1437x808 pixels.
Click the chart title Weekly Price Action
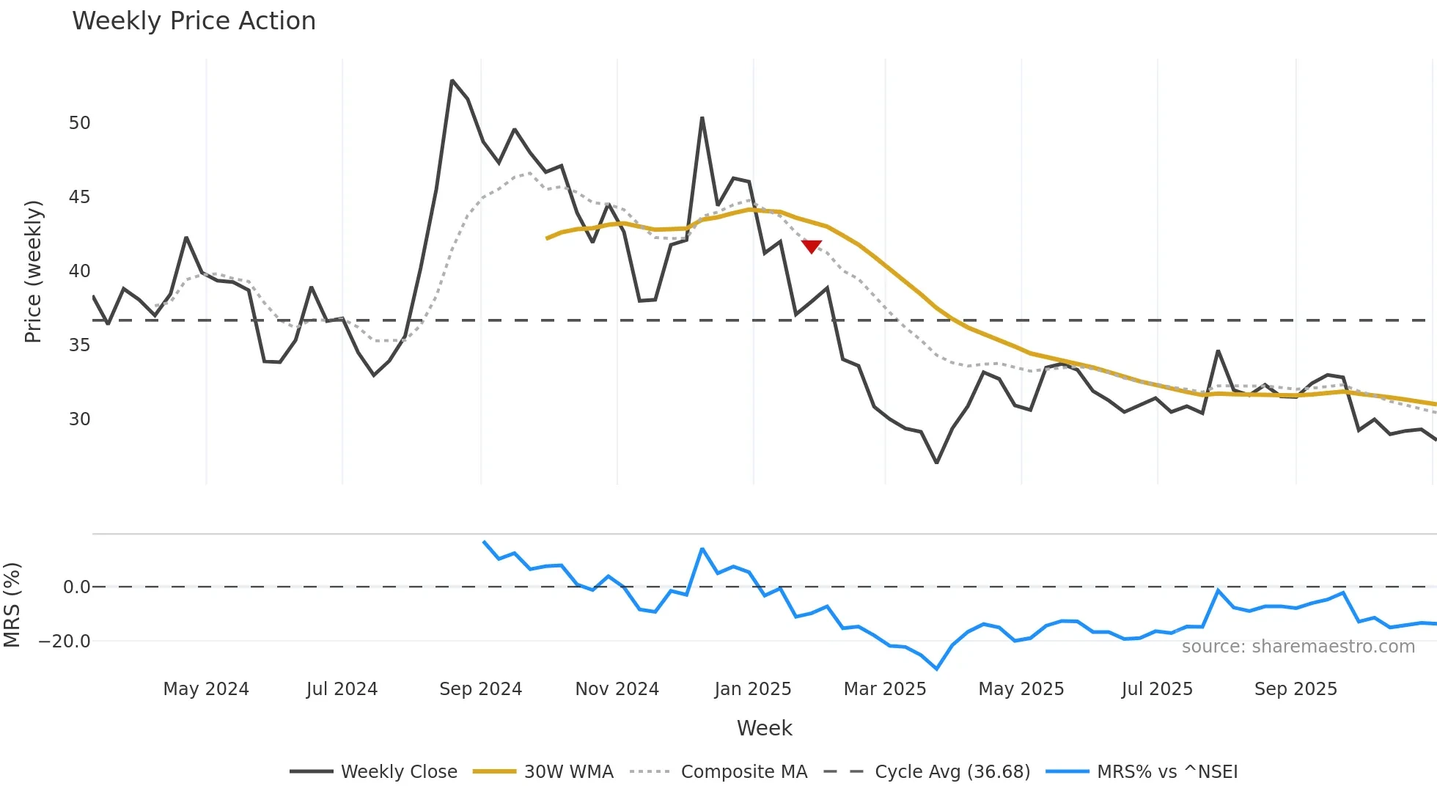pos(194,21)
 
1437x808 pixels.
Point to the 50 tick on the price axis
pos(79,123)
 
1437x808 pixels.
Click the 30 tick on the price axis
pos(79,419)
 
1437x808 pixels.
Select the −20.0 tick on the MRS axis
pos(65,642)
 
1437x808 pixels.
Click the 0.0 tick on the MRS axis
pos(76,587)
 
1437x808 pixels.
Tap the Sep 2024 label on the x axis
pos(480,689)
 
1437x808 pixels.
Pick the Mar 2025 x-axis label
pos(884,689)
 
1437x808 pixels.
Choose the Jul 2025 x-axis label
pos(1156,689)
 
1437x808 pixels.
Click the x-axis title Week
pos(764,728)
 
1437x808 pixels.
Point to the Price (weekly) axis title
pos(33,271)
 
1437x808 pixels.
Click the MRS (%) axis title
pos(12,605)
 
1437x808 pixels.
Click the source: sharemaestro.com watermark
pos(1298,647)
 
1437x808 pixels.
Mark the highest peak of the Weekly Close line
pos(452,81)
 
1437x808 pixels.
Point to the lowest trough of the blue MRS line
pos(936,669)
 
